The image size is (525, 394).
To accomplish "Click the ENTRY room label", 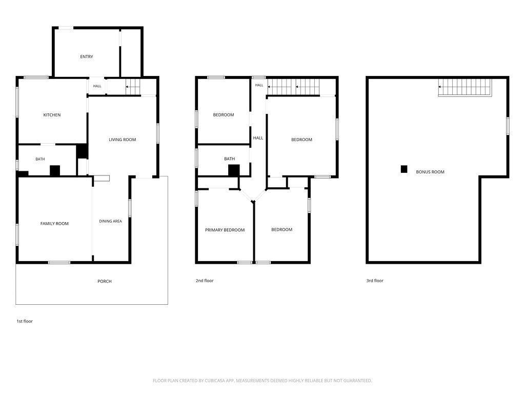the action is point(86,56).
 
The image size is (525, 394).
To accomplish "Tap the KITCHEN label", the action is point(52,115).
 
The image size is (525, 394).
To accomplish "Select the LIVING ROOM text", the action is point(122,140).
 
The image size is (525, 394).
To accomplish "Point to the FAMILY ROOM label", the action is point(54,224).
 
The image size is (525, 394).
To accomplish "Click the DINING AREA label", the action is point(110,221).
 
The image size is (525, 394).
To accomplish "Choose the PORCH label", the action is point(105,281).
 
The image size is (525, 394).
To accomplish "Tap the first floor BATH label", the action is point(40,159).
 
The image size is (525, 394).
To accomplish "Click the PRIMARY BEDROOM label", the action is point(225,230).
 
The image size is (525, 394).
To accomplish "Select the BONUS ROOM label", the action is point(430,172).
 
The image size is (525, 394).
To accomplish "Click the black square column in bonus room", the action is point(404,169).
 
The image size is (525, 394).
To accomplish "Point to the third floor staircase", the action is point(465,88).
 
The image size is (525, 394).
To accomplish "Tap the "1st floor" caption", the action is point(25,321).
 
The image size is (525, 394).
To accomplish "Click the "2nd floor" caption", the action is point(204,281).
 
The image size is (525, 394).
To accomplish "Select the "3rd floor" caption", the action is point(375,281).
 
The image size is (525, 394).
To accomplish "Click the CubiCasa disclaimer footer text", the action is point(262,381).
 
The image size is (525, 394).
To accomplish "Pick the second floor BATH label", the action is point(229,159).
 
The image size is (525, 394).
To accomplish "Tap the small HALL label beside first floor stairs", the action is point(97,86).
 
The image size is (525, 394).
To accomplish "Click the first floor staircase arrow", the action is point(132,87).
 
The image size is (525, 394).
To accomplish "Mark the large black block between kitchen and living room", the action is point(82,151).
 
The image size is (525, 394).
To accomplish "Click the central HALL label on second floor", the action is point(258,138).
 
